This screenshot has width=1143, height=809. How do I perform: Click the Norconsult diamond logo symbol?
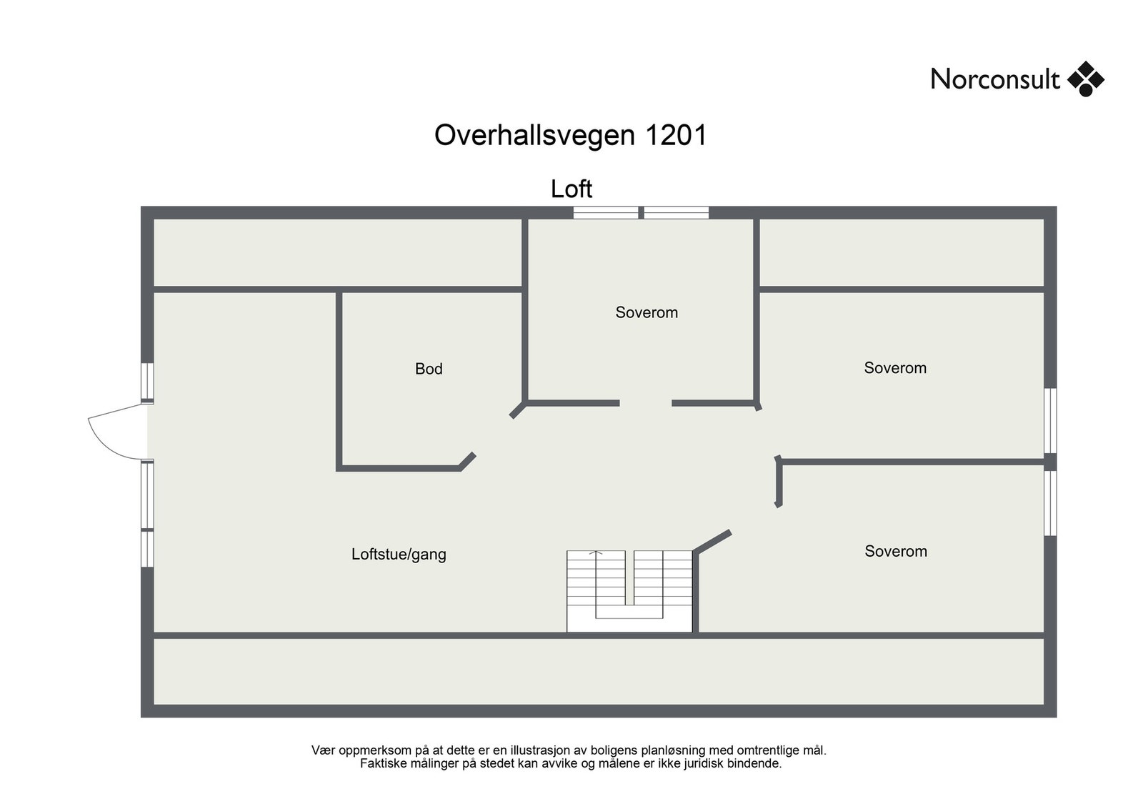pyautogui.click(x=1085, y=79)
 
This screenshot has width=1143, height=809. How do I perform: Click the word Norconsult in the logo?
pyautogui.click(x=994, y=79)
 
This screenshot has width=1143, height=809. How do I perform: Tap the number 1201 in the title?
pyautogui.click(x=675, y=135)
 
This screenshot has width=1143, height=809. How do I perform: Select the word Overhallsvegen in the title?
pyautogui.click(x=534, y=135)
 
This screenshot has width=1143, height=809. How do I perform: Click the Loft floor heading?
pyautogui.click(x=571, y=189)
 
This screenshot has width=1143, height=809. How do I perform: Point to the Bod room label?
pyautogui.click(x=429, y=369)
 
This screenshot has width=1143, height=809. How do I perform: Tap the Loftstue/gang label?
pyautogui.click(x=399, y=554)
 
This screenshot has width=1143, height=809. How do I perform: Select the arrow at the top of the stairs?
pyautogui.click(x=596, y=552)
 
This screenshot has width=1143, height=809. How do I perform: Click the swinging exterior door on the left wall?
pyautogui.click(x=114, y=430)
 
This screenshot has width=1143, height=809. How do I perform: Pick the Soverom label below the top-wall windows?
pyautogui.click(x=647, y=312)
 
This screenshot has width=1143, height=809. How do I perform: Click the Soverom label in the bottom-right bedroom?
pyautogui.click(x=896, y=551)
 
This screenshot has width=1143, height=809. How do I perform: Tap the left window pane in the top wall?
pyautogui.click(x=606, y=212)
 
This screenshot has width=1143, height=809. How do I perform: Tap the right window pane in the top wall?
pyautogui.click(x=676, y=212)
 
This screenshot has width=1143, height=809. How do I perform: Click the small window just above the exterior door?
pyautogui.click(x=147, y=382)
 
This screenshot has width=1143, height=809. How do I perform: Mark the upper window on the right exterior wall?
pyautogui.click(x=1050, y=420)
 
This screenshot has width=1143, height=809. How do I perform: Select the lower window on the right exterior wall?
pyautogui.click(x=1050, y=502)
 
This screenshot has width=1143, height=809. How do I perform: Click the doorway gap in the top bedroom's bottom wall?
pyautogui.click(x=645, y=404)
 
